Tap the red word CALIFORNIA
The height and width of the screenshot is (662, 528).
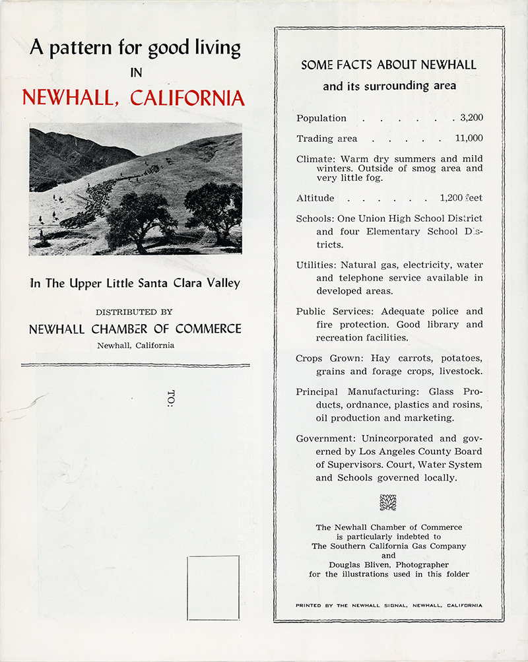pyautogui.click(x=187, y=98)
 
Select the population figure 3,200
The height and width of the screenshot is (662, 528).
pyautogui.click(x=471, y=118)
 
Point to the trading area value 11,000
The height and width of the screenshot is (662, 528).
pyautogui.click(x=469, y=139)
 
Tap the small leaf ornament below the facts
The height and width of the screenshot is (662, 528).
pyautogui.click(x=388, y=502)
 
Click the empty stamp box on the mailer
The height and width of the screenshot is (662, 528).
pyautogui.click(x=213, y=588)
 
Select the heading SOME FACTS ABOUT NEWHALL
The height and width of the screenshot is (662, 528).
pyautogui.click(x=389, y=65)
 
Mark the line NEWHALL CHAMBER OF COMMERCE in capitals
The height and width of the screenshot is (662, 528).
pyautogui.click(x=135, y=329)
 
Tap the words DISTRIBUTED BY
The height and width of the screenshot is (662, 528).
pyautogui.click(x=135, y=312)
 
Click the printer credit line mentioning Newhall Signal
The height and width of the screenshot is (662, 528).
pyautogui.click(x=389, y=605)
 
